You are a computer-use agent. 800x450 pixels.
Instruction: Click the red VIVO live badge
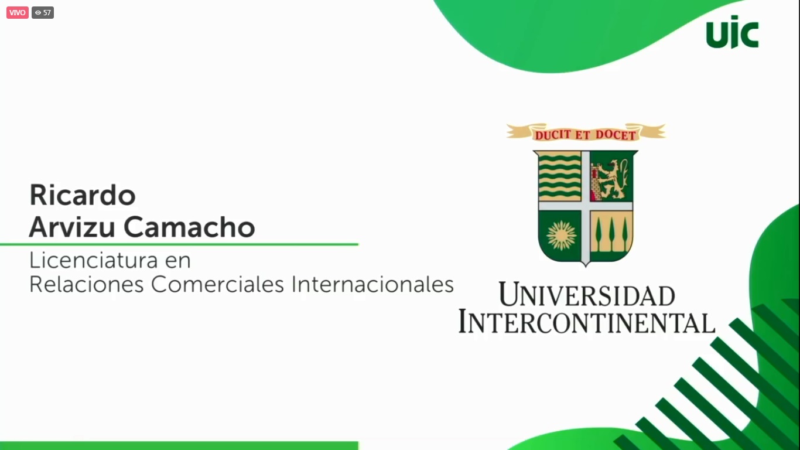click(17, 12)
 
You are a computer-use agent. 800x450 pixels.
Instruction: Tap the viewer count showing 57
click(43, 12)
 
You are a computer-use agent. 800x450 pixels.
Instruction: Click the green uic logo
click(733, 32)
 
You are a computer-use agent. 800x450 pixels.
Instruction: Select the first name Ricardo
click(83, 195)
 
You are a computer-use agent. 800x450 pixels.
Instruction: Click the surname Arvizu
click(72, 227)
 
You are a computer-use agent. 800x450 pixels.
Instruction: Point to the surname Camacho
click(189, 227)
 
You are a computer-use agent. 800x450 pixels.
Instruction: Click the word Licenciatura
click(93, 260)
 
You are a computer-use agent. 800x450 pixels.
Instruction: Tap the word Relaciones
click(87, 285)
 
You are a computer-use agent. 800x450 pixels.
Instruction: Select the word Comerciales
click(217, 285)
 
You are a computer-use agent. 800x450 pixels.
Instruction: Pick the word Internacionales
click(372, 285)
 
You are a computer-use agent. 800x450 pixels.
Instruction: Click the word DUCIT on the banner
click(553, 135)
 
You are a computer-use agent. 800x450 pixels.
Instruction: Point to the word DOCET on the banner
click(616, 135)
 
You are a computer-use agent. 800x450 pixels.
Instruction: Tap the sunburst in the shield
click(561, 235)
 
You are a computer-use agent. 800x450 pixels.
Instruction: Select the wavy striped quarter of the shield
click(560, 176)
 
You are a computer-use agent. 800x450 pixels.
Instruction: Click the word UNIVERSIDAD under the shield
click(587, 295)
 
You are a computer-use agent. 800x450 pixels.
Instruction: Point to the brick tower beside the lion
click(596, 182)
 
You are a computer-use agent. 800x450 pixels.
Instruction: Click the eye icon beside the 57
click(38, 12)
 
